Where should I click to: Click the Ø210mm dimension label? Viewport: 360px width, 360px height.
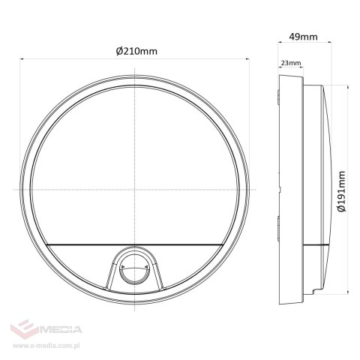tap(136, 50)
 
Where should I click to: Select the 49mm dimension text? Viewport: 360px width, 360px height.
tap(303, 34)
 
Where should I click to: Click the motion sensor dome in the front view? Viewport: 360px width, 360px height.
tap(135, 268)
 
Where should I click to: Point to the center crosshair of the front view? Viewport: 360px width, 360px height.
tap(135, 188)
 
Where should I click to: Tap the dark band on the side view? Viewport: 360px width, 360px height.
tap(316, 245)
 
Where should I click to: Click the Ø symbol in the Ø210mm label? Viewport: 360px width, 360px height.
tap(120, 50)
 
